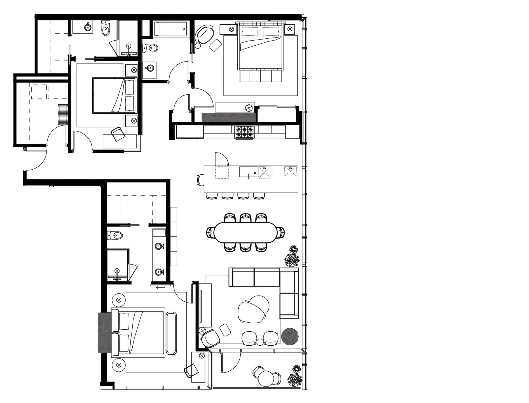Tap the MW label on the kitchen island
pyautogui.click(x=290, y=168)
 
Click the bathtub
pyautogui.click(x=170, y=29)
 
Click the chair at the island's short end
pyautogui.click(x=201, y=179)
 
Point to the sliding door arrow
pyautogui.click(x=160, y=287)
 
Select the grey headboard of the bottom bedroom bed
pyautogui.click(x=104, y=332)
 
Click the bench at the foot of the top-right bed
pyautogui.click(x=261, y=76)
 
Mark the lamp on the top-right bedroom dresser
pyautogui.click(x=249, y=107)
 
